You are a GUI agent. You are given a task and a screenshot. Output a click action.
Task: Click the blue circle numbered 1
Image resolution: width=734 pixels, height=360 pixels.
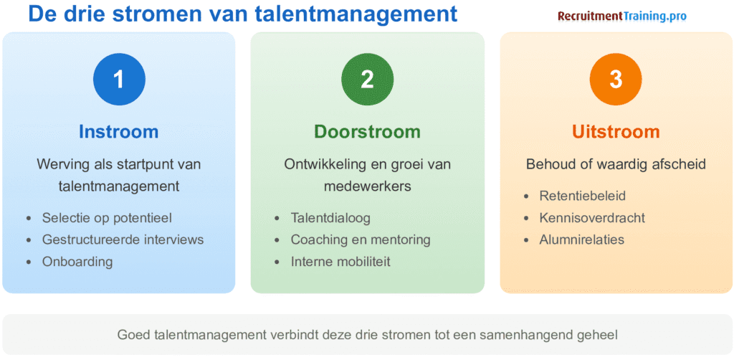coord(119,79)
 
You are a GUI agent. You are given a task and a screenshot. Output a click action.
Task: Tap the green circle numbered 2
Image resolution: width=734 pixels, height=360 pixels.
coord(367,79)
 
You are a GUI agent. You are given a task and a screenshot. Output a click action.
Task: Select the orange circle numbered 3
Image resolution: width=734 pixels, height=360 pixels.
coord(615,79)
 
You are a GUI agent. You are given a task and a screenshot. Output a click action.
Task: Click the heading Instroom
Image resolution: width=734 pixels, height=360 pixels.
coord(119,132)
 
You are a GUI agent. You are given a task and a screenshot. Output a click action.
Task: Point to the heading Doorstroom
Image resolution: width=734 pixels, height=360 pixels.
coord(367,132)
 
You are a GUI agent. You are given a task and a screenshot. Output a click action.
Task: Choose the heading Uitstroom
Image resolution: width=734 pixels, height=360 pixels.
coord(616,132)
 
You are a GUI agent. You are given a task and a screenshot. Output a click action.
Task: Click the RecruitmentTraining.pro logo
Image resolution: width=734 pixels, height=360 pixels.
coord(622,16)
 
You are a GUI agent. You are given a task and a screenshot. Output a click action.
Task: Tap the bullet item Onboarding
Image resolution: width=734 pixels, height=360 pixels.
coord(77,261)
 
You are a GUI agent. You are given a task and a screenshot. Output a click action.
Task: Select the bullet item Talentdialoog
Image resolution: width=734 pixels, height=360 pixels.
coord(330,217)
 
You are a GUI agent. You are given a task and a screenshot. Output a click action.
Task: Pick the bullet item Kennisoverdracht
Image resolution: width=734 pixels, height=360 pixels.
coord(592,217)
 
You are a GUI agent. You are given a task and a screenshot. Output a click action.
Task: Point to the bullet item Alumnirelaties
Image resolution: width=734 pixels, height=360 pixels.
coord(581,240)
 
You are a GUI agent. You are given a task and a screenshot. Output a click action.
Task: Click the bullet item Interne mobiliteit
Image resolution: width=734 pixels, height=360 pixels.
coord(340,261)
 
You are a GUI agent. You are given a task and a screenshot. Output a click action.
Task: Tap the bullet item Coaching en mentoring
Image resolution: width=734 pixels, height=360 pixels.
coord(361,240)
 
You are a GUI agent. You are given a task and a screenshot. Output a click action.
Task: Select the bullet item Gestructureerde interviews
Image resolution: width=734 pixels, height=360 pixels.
coord(123,240)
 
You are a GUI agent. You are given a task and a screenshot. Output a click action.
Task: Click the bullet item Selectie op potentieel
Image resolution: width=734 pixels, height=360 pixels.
coord(107,217)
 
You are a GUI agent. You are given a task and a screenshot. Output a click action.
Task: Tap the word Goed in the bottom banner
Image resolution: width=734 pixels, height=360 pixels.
coord(133,334)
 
